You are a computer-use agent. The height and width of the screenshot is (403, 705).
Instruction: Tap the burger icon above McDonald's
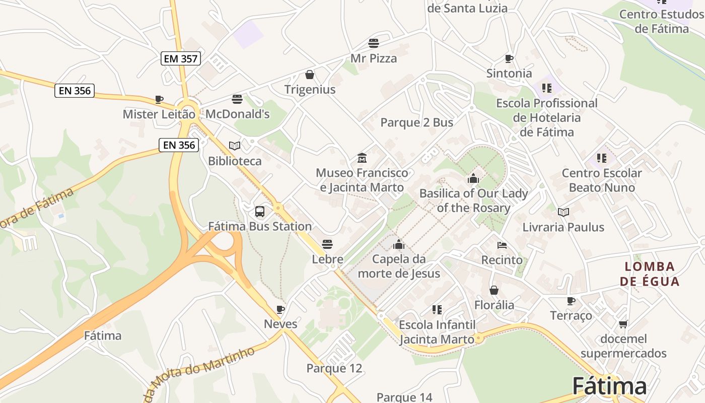[x=237, y=99]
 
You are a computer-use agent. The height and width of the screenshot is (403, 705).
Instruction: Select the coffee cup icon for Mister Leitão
[x=159, y=100]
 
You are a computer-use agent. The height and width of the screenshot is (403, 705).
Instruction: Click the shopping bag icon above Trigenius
[x=310, y=75]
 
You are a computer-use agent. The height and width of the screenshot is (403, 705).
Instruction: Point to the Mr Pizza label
[x=374, y=58]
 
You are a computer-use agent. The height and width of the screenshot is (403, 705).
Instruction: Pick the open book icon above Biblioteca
[x=235, y=146]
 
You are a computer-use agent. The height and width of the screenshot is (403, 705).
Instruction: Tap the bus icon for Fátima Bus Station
[x=260, y=212]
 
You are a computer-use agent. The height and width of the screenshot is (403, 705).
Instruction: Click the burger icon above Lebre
[x=327, y=245]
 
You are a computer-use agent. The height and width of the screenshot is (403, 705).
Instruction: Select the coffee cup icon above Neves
[x=280, y=309]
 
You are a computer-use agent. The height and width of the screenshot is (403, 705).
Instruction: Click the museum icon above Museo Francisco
[x=362, y=158]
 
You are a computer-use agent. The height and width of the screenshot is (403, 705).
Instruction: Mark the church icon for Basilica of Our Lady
[x=473, y=178]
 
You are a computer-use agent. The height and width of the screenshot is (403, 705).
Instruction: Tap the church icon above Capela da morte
[x=399, y=245]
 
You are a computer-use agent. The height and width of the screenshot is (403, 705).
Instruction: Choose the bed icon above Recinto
[x=502, y=245]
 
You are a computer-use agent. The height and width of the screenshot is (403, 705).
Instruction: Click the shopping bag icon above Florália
[x=494, y=291]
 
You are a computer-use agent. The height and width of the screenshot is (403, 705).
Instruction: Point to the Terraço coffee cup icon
[x=571, y=301]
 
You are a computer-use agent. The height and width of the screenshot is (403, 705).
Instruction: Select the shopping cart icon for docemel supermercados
[x=623, y=324]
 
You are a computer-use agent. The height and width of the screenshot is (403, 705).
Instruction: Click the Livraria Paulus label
[x=563, y=227]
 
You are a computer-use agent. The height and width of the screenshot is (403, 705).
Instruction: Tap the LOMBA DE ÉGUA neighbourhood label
[x=650, y=274]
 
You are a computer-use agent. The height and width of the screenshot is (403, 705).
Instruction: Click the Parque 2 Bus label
[x=416, y=122]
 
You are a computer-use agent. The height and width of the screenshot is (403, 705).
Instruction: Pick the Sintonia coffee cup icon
[x=509, y=59]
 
